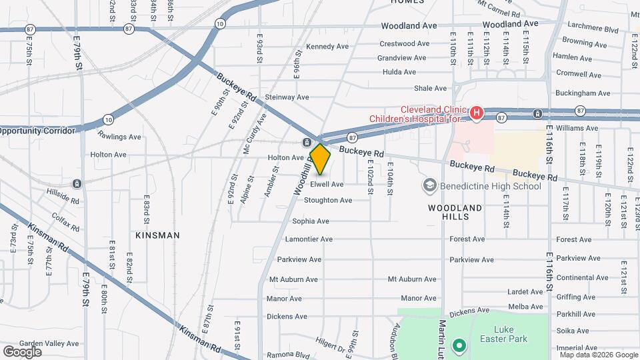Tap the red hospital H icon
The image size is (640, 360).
coord(476,113)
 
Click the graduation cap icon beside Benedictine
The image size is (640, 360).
coord(430,185)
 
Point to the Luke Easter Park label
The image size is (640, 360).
coord(511,334)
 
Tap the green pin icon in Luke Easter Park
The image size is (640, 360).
coord(458,346)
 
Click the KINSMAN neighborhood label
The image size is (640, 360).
coord(157,235)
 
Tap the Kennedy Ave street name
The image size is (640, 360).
coord(327,47)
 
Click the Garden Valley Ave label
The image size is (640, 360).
coord(49,344)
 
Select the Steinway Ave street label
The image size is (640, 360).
coord(287,97)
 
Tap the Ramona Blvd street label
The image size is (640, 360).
coord(289,355)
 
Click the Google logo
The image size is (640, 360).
coord(22,351)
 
